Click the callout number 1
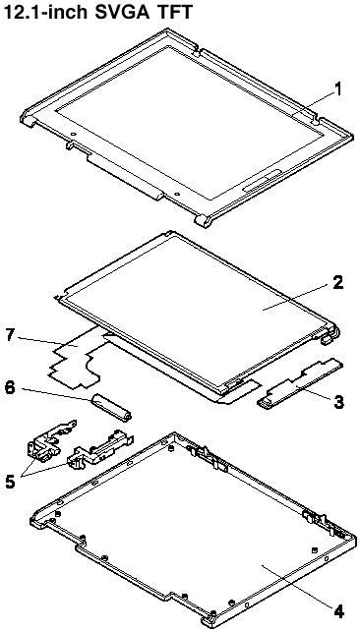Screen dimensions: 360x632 [337, 89]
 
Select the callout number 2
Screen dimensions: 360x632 [337, 282]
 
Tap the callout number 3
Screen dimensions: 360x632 [337, 401]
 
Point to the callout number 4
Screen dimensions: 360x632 [338, 611]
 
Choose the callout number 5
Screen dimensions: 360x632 [12, 482]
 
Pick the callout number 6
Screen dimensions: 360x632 [11, 388]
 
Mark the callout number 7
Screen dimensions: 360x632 [11, 335]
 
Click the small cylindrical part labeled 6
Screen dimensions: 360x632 [111, 408]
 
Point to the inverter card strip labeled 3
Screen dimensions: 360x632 [300, 384]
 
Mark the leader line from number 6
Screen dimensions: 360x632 [57, 394]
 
